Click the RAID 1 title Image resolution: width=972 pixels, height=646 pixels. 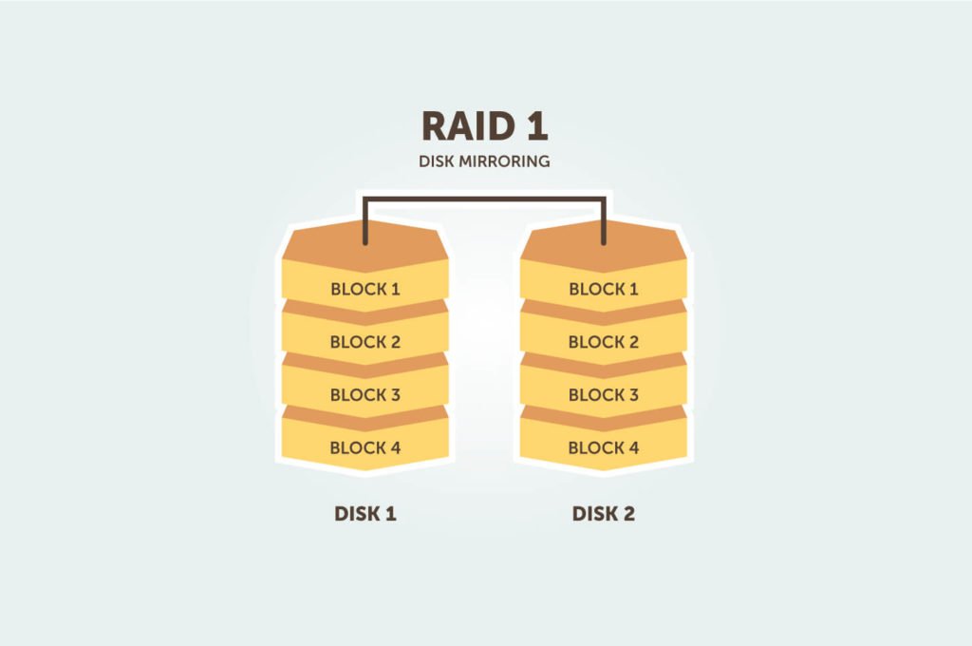tap(484, 125)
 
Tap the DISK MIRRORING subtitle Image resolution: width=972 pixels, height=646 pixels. tap(484, 161)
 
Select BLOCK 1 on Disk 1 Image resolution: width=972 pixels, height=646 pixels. tap(365, 289)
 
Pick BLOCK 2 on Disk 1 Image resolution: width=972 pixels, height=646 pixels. tap(365, 342)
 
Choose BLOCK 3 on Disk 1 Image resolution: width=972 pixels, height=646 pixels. tap(365, 395)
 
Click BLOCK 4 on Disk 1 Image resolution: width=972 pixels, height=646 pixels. tap(365, 447)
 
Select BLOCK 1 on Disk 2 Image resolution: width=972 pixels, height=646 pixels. tap(604, 289)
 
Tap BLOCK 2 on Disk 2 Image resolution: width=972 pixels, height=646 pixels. tap(604, 342)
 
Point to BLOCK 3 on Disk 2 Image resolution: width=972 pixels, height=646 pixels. tap(604, 395)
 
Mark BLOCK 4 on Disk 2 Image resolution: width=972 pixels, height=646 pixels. tap(604, 447)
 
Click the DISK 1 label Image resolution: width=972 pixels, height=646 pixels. tap(365, 514)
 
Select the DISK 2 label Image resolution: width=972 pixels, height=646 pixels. tap(604, 514)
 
